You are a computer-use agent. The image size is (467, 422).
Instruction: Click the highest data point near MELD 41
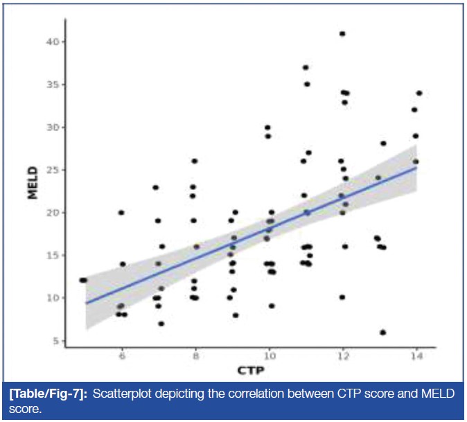pyautogui.click(x=342, y=33)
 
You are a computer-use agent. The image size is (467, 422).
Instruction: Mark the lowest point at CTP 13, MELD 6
pyautogui.click(x=383, y=333)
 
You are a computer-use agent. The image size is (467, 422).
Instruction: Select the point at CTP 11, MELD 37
pyautogui.click(x=306, y=67)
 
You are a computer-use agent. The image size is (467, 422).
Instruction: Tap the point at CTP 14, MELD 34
pyautogui.click(x=419, y=93)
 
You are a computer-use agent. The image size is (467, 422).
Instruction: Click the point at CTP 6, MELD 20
pyautogui.click(x=121, y=213)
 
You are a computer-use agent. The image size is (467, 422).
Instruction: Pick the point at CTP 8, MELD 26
pyautogui.click(x=195, y=161)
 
